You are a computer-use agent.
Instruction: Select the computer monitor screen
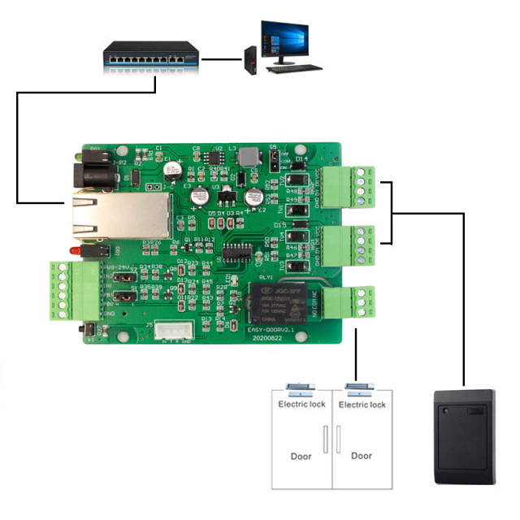coord(284,37)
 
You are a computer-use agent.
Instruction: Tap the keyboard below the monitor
coord(288,70)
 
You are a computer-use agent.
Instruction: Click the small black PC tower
coord(249,61)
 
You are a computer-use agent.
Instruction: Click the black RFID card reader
coord(464,435)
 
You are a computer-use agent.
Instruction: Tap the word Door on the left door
coord(301,457)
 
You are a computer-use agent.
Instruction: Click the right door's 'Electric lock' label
coord(362,405)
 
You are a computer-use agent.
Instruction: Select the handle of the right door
coord(338,439)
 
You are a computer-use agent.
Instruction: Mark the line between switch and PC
coord(220,58)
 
